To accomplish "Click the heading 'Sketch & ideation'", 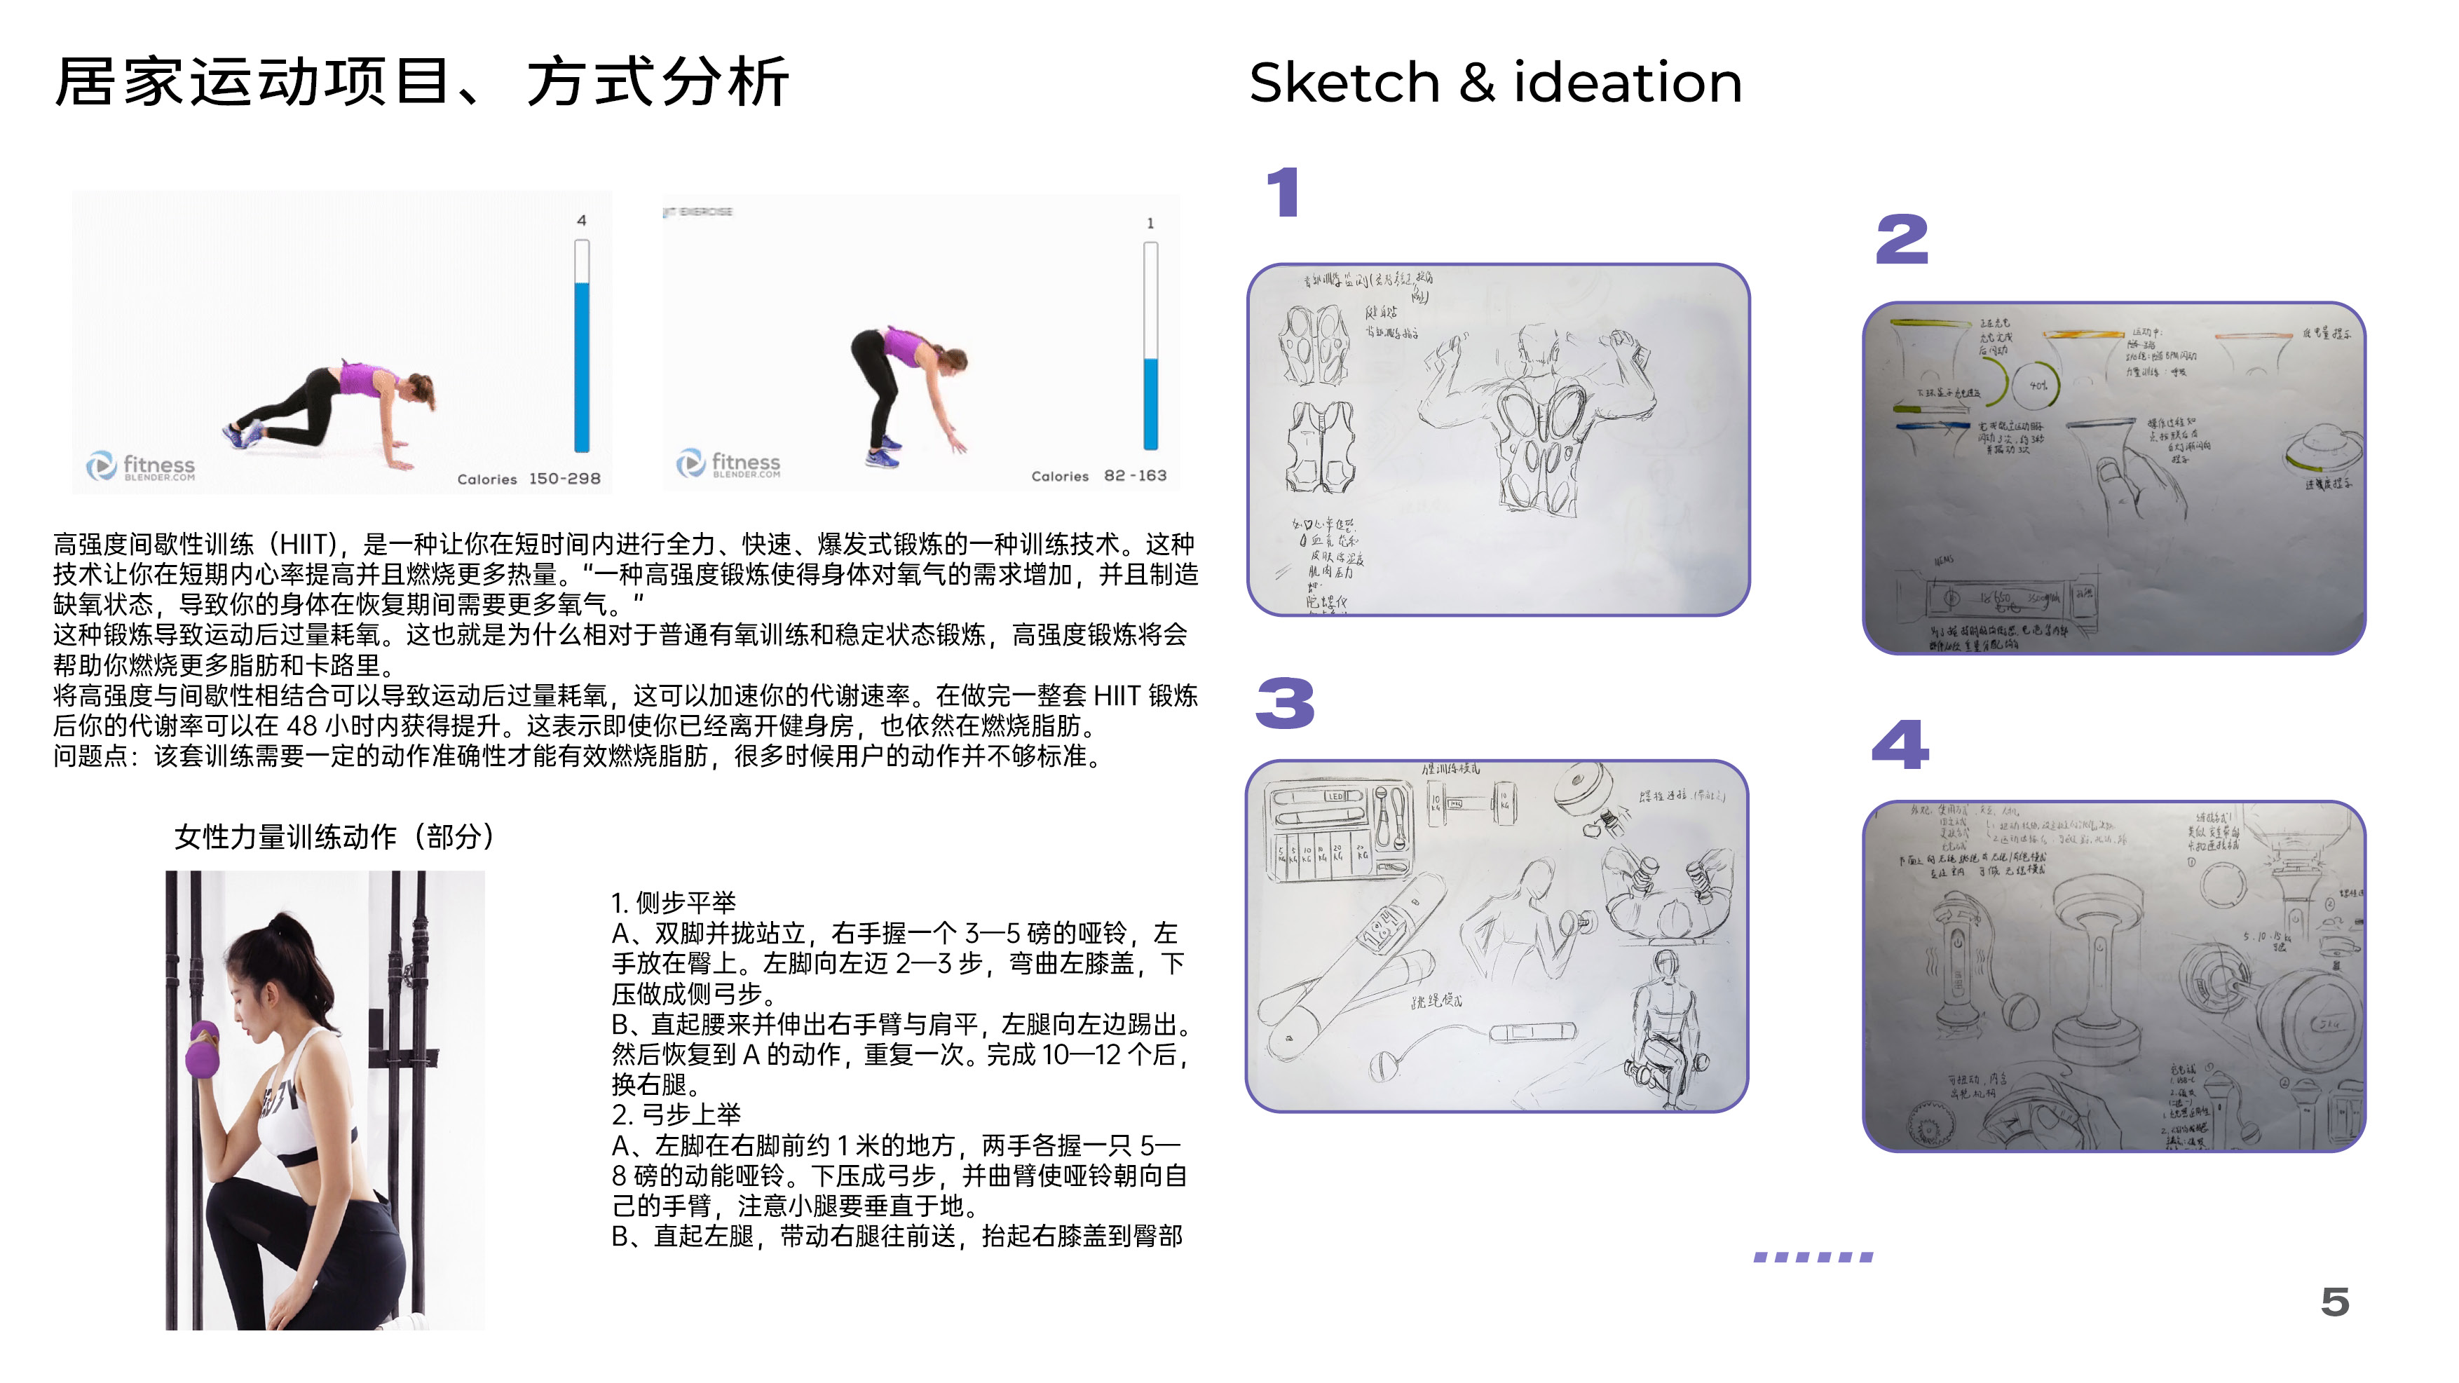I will (1495, 82).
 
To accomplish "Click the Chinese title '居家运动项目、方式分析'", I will (421, 82).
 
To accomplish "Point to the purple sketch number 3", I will (1285, 704).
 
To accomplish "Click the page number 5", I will (2334, 1302).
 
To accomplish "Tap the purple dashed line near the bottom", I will (1813, 1257).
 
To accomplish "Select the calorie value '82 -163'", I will (1134, 475).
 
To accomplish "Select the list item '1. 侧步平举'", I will (673, 903).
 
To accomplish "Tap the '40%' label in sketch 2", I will (2038, 386).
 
